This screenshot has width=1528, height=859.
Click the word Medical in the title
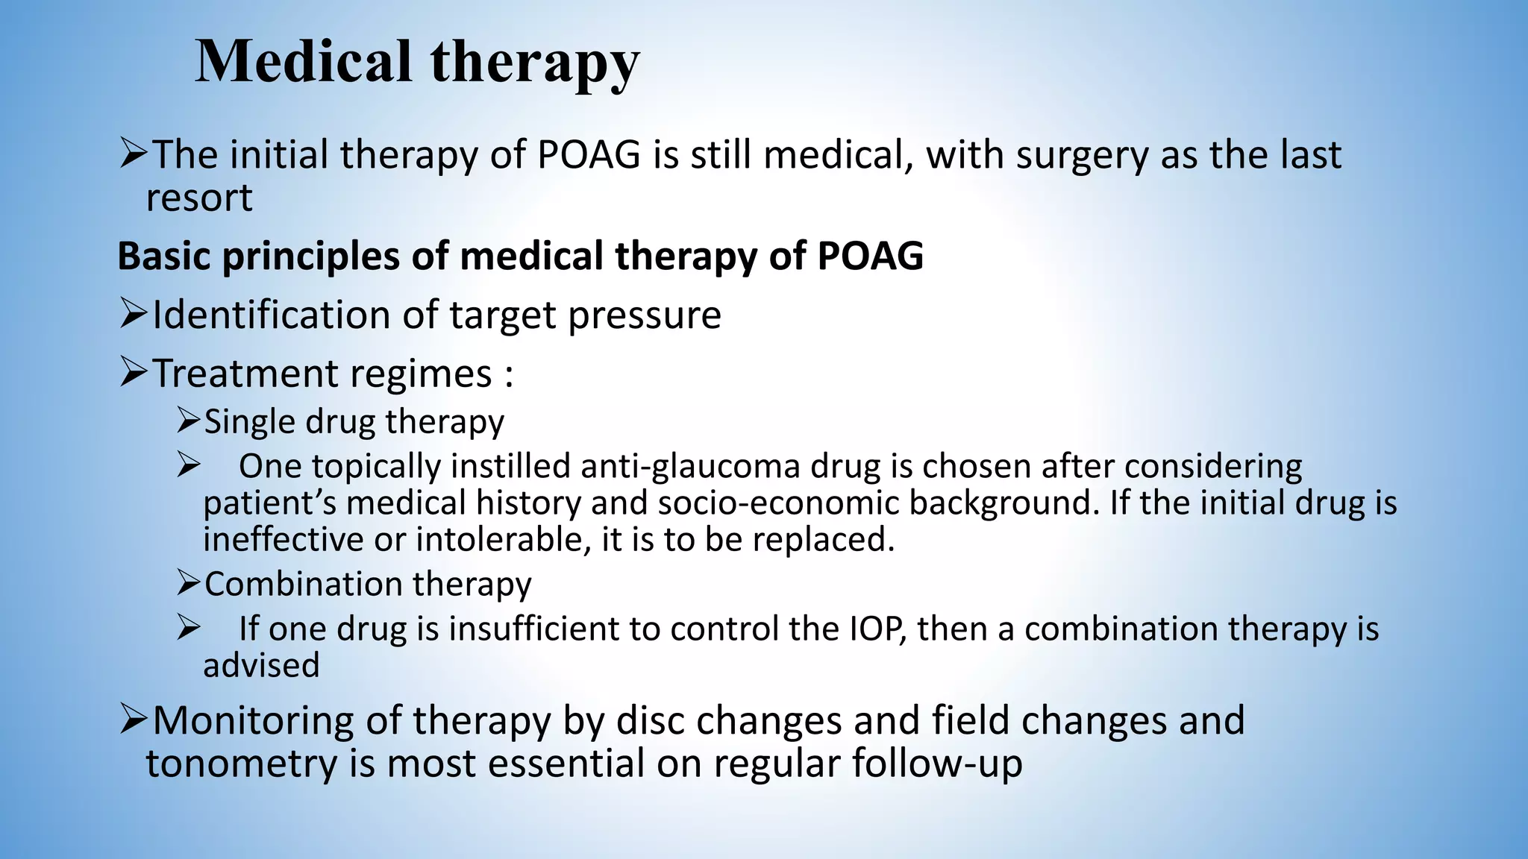pos(303,61)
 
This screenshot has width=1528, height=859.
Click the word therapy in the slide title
pos(534,64)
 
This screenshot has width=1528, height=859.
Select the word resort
pos(199,198)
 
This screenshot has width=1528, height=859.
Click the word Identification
pos(271,315)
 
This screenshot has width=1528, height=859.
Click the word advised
pos(261,665)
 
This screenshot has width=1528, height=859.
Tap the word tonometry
pos(242,764)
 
